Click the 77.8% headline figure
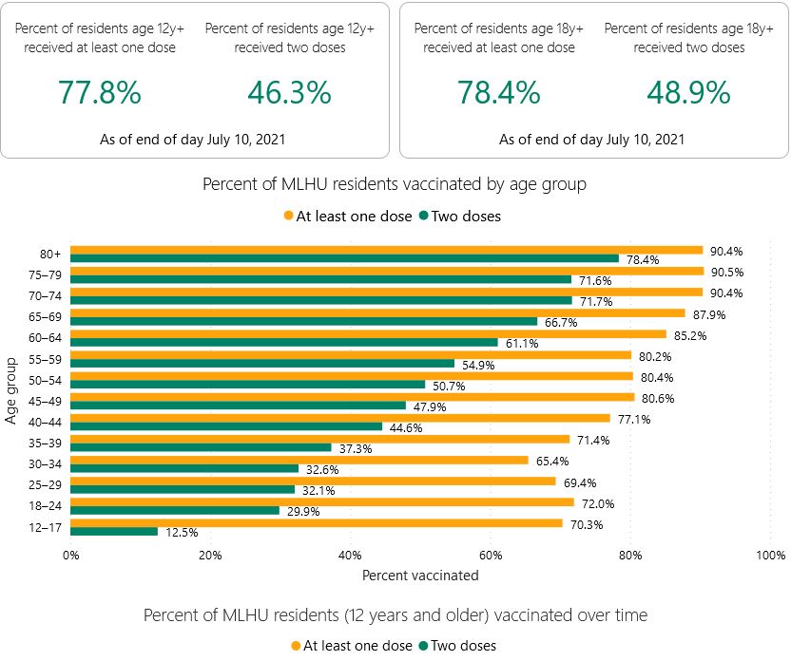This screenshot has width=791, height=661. click(x=100, y=93)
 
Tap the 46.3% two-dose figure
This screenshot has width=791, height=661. click(x=290, y=93)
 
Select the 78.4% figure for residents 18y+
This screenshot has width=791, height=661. click(x=499, y=93)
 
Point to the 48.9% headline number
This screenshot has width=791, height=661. click(x=688, y=93)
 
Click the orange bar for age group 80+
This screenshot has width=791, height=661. click(x=386, y=251)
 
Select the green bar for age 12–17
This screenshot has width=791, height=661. click(x=114, y=532)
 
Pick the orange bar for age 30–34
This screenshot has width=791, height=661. click(x=299, y=460)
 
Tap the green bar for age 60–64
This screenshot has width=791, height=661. click(x=284, y=343)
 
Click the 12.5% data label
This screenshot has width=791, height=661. click(x=182, y=533)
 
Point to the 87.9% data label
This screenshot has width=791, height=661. click(x=709, y=315)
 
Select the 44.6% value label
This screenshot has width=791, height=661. click(x=406, y=427)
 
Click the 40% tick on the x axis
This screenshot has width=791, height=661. click(x=350, y=556)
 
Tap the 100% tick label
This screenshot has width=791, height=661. click(x=770, y=556)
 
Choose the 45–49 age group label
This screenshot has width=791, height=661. click(x=45, y=401)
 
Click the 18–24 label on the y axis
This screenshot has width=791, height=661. click(x=45, y=505)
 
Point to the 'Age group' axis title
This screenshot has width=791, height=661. click(x=11, y=391)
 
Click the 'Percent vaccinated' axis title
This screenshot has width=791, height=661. click(x=420, y=576)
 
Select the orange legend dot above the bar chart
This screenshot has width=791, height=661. click(x=289, y=216)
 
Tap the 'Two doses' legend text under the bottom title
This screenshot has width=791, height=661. click(x=463, y=646)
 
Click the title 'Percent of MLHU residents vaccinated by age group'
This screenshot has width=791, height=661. click(x=395, y=184)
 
